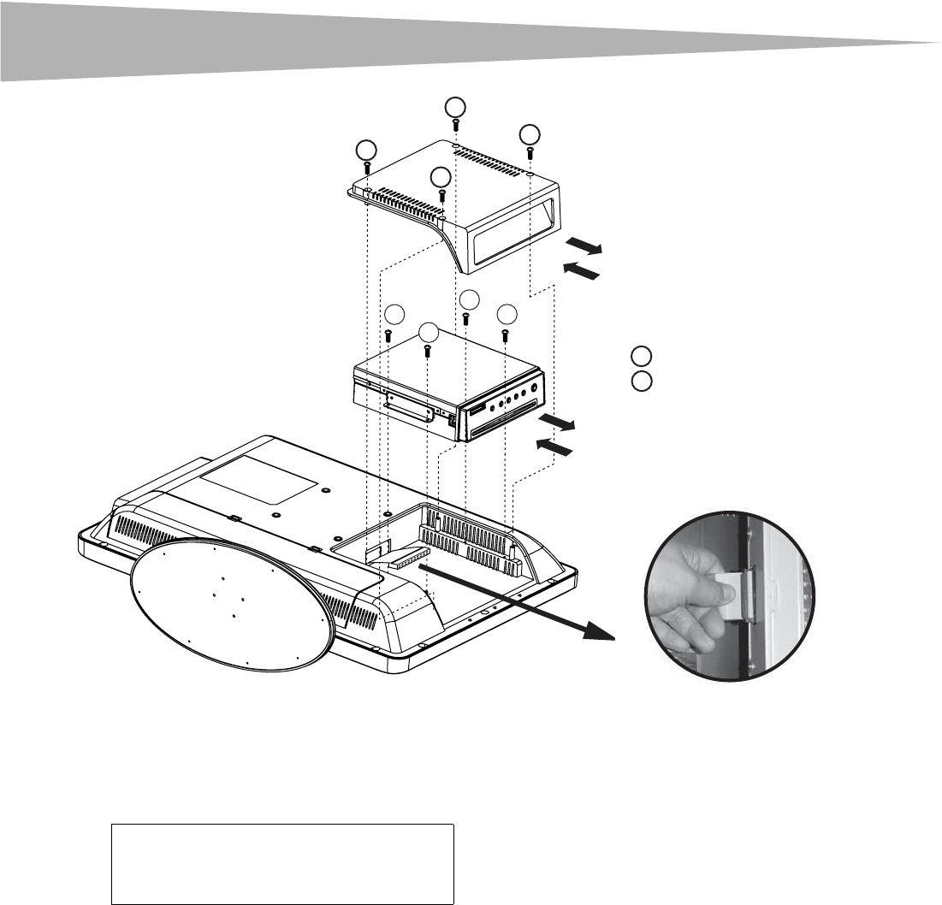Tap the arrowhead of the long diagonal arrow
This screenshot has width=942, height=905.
[603, 634]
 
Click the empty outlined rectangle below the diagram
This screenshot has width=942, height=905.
[282, 864]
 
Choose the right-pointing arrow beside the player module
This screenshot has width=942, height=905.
[556, 423]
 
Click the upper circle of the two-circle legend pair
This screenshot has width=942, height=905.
[642, 357]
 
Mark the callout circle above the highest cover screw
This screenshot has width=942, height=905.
[455, 106]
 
